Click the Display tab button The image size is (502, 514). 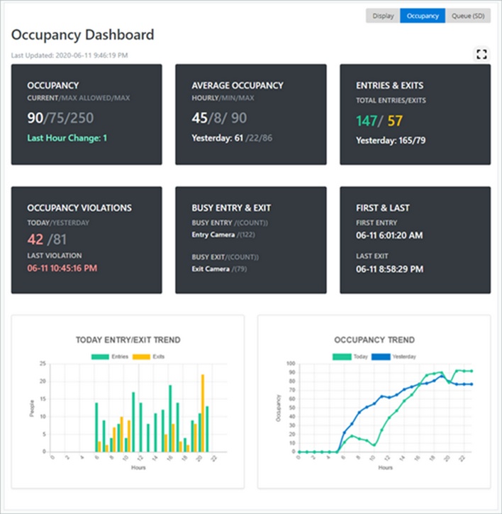[383, 16]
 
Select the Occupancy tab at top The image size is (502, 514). [423, 16]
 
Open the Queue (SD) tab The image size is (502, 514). [468, 16]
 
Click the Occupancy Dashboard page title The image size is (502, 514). [82, 35]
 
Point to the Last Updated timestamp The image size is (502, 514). [69, 55]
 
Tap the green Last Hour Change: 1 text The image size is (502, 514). [67, 138]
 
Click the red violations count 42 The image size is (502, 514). [35, 240]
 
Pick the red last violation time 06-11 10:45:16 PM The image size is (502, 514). [62, 269]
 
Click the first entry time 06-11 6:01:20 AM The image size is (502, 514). [389, 235]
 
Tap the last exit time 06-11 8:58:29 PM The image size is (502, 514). [389, 269]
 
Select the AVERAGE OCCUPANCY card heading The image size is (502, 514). [237, 85]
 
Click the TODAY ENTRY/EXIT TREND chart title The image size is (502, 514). [128, 340]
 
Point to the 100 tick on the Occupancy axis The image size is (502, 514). [289, 364]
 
